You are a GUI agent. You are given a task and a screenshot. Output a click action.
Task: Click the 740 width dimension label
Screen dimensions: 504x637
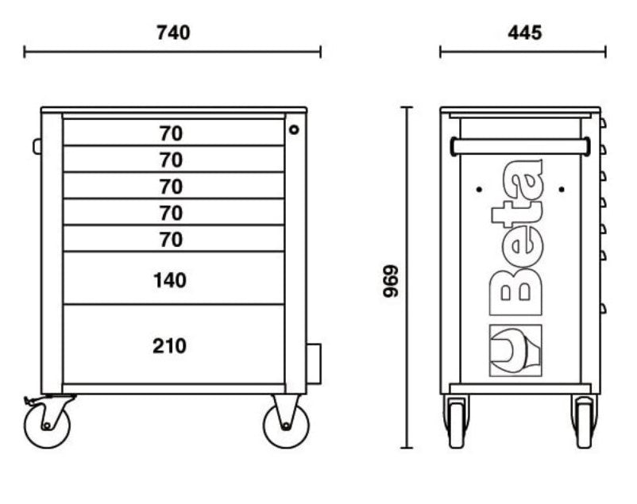pyautogui.click(x=173, y=33)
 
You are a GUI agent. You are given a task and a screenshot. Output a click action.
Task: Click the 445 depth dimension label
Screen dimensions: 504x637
pyautogui.click(x=523, y=33)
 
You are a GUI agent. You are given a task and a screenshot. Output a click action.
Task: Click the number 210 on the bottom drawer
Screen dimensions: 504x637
pyautogui.click(x=170, y=346)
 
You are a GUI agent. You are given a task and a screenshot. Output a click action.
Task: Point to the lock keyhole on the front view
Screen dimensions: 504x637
pyautogui.click(x=294, y=129)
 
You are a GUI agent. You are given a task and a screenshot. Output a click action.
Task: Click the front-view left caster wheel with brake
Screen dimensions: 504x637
pyautogui.click(x=47, y=423)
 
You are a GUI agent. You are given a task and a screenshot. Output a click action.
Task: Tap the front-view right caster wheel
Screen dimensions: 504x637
pyautogui.click(x=285, y=424)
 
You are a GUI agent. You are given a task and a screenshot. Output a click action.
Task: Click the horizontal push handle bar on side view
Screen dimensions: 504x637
pyautogui.click(x=520, y=146)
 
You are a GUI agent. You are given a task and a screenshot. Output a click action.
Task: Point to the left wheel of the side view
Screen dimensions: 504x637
pyautogui.click(x=456, y=421)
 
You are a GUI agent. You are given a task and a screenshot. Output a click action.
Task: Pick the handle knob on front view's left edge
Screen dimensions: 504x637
pyautogui.click(x=37, y=146)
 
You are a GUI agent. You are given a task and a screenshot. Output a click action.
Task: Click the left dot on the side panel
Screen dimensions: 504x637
pyautogui.click(x=480, y=189)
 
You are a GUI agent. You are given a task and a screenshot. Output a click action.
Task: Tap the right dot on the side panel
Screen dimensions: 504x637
pyautogui.click(x=561, y=189)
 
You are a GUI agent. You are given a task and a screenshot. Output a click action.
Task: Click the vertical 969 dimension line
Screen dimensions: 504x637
pyautogui.click(x=408, y=198)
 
